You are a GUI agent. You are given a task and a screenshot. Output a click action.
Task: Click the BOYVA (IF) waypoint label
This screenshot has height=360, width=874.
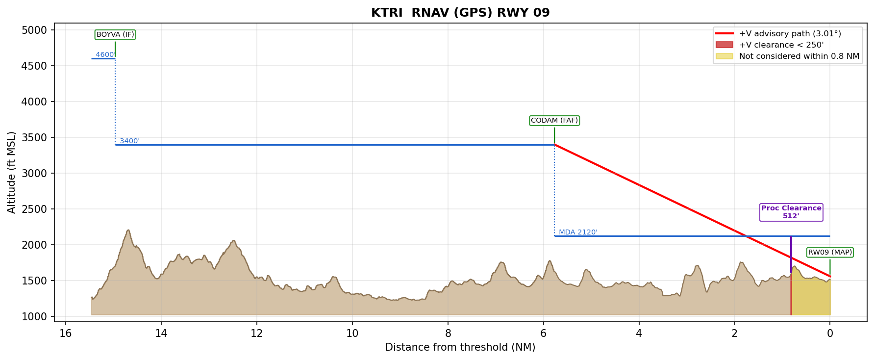[115, 35]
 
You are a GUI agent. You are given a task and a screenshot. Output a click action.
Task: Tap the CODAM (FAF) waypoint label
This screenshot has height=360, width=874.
[554, 121]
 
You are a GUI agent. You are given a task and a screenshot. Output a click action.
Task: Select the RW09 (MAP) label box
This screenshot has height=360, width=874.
[830, 253]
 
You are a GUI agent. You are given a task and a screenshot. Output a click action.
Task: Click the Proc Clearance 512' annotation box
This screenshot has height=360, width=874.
[791, 212]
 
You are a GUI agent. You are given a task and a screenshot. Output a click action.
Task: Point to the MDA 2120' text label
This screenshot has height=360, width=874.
[578, 232]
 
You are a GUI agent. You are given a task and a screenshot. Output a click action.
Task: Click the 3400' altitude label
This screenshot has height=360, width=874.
[129, 141]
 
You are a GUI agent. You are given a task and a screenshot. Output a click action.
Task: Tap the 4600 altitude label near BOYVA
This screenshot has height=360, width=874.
[104, 55]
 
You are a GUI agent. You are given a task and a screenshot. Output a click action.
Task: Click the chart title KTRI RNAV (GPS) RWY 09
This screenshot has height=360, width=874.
[460, 13]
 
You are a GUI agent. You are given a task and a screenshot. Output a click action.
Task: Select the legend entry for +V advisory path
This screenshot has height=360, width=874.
[790, 34]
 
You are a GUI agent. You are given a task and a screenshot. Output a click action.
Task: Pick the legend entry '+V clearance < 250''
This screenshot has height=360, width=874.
[781, 45]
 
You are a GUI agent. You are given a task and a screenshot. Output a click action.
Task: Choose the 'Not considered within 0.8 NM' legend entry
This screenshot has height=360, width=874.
[799, 56]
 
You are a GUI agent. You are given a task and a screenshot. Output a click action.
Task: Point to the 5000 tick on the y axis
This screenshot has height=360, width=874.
[34, 30]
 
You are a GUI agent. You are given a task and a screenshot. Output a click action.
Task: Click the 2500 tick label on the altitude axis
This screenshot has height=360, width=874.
[34, 209]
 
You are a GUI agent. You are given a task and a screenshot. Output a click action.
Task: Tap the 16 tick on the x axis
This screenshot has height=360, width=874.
[66, 334]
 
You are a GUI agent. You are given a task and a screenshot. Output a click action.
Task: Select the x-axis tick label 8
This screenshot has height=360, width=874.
[448, 334]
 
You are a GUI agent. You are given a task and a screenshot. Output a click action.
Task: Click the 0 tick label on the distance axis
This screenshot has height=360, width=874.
[830, 334]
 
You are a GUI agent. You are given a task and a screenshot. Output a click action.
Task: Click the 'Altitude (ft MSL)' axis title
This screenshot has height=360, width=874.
[12, 172]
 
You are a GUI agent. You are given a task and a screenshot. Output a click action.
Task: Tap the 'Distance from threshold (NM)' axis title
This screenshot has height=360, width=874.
[460, 347]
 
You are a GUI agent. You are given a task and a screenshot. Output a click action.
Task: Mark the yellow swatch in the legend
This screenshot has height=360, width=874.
[724, 56]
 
